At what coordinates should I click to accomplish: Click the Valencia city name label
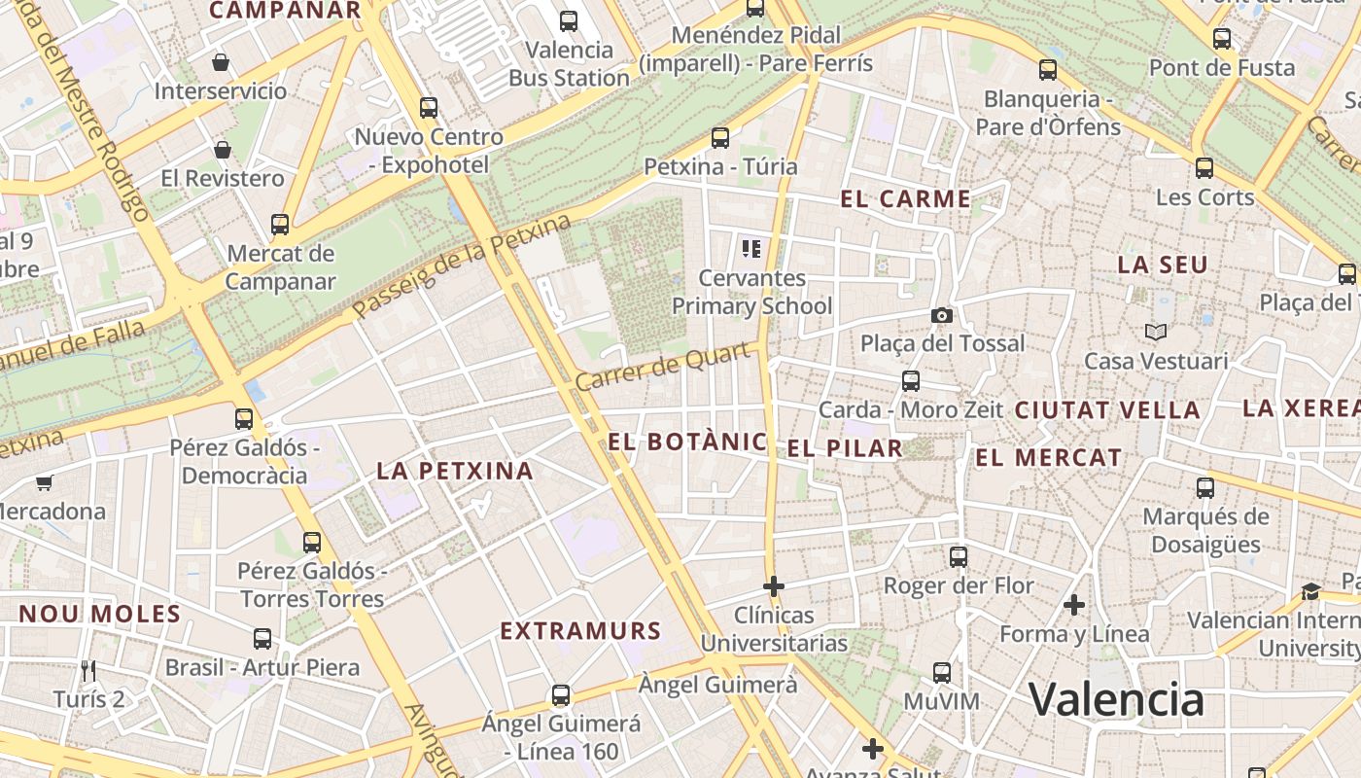click(x=1116, y=698)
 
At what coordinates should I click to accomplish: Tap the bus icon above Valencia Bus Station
click(x=569, y=20)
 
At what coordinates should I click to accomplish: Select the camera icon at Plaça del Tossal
click(x=941, y=315)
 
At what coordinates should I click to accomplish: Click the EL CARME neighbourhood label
click(x=905, y=199)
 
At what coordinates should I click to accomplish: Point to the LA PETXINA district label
click(x=455, y=471)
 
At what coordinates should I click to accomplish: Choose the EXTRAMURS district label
click(x=580, y=630)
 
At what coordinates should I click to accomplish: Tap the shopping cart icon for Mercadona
click(x=44, y=482)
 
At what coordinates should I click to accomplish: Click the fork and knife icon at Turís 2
click(x=88, y=670)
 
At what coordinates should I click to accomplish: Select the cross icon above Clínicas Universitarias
click(x=774, y=586)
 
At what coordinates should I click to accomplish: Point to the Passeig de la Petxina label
click(x=462, y=267)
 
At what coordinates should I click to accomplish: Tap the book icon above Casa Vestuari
click(x=1156, y=332)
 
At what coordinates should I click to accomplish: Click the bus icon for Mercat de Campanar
click(x=280, y=225)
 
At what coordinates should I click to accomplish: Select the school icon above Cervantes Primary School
click(x=751, y=249)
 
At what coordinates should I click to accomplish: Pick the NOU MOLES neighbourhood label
click(x=100, y=614)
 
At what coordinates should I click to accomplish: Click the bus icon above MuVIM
click(x=941, y=672)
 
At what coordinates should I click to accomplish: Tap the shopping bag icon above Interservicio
click(x=222, y=62)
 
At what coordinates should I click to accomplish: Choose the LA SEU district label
click(x=1163, y=265)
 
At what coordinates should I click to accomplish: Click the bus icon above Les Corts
click(x=1204, y=167)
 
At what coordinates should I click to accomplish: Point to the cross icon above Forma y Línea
click(x=1074, y=605)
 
